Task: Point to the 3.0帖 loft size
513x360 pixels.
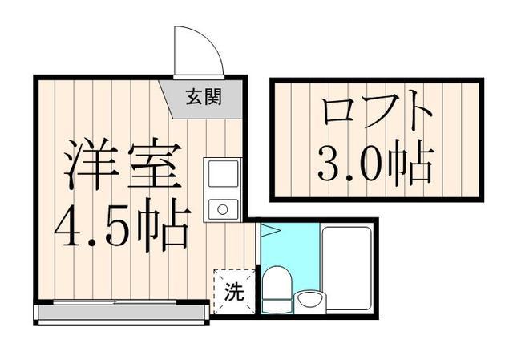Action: point(374,164)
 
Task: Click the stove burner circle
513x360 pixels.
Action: point(222,210)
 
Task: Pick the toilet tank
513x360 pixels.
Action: point(278,306)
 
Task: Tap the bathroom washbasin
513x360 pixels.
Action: point(310,301)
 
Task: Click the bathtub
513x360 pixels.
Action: point(348,269)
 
